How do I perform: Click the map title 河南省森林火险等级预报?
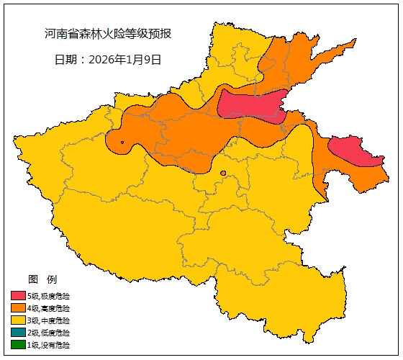pyautogui.click(x=107, y=34)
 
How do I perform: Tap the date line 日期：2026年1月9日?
pyautogui.click(x=108, y=60)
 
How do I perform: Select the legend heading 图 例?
pyautogui.click(x=42, y=279)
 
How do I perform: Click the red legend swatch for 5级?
pyautogui.click(x=18, y=296)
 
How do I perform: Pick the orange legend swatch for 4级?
pyautogui.click(x=18, y=308)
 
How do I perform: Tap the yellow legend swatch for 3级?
pyautogui.click(x=18, y=320)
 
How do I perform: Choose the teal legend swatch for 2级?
pyautogui.click(x=18, y=333)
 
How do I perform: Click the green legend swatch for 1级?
pyautogui.click(x=18, y=345)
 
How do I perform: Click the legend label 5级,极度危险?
pyautogui.click(x=49, y=296)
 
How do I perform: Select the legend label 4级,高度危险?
pyautogui.click(x=49, y=308)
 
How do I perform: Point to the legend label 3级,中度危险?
pyautogui.click(x=49, y=320)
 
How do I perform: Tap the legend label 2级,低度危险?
pyautogui.click(x=49, y=333)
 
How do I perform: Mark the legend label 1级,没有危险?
pyautogui.click(x=49, y=345)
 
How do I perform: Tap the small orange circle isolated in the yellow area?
pyautogui.click(x=223, y=173)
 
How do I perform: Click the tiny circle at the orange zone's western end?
pyautogui.click(x=123, y=143)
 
